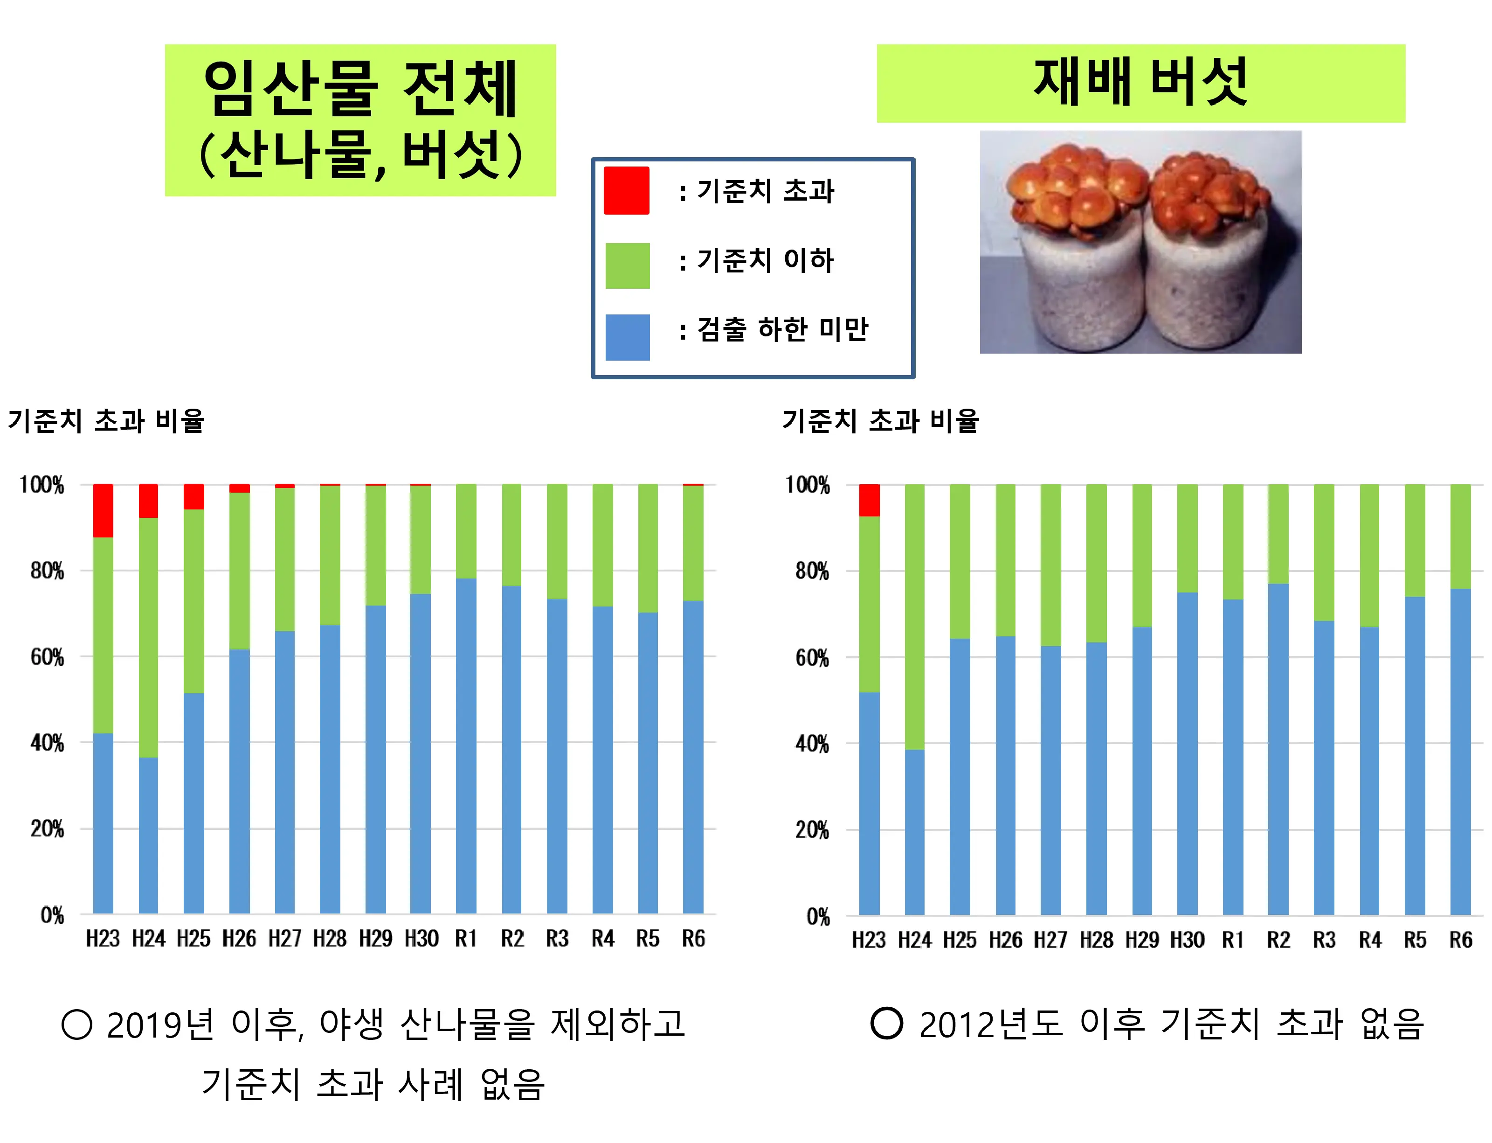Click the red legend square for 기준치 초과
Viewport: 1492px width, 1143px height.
click(x=626, y=190)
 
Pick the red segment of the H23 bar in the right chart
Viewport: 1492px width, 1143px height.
click(x=869, y=500)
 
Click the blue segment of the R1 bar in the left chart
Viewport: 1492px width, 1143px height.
click(x=466, y=745)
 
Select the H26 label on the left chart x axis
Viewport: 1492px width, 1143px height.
click(x=239, y=939)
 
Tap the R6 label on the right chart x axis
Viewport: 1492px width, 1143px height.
click(x=1460, y=940)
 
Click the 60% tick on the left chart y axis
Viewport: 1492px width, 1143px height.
click(x=46, y=657)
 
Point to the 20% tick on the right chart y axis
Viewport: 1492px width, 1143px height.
click(x=811, y=830)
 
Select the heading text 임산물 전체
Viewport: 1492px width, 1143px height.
click(x=360, y=89)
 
